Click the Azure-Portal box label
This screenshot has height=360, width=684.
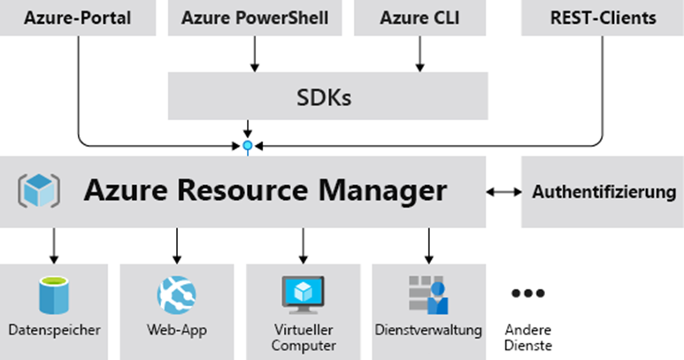[x=78, y=18]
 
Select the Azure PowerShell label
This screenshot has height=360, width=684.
[x=255, y=18]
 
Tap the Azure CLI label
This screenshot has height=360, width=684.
[x=419, y=18]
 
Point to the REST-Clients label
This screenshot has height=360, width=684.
[x=603, y=18]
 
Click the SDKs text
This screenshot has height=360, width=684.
[x=324, y=97]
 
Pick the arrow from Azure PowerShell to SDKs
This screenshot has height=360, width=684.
[x=255, y=54]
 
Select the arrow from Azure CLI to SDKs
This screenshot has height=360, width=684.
[x=419, y=54]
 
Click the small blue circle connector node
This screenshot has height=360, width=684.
[x=248, y=146]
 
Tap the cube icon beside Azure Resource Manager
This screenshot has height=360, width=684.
[x=39, y=190]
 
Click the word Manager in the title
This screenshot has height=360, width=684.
[x=382, y=191]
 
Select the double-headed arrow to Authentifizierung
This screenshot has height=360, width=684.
[x=503, y=192]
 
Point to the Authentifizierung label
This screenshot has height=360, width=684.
[x=604, y=192]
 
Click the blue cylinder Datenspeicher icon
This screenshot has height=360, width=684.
[x=54, y=295]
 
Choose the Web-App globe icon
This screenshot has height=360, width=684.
[x=176, y=295]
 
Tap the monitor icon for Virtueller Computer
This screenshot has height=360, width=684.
[x=304, y=295]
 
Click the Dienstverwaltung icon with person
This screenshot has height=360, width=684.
[x=428, y=295]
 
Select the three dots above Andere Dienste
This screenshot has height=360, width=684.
[x=528, y=294]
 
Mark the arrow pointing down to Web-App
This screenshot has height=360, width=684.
[x=177, y=246]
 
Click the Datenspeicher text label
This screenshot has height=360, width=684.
[x=54, y=330]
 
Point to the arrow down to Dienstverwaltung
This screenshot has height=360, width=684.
[x=429, y=246]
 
